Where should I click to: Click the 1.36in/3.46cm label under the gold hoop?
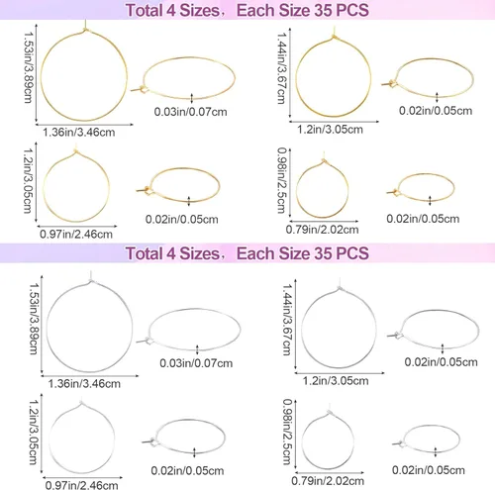click(79, 133)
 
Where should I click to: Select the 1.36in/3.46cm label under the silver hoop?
click(84, 384)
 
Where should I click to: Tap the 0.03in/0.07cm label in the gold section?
click(191, 112)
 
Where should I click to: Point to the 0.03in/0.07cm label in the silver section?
click(196, 363)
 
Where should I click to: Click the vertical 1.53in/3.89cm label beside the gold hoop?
click(29, 67)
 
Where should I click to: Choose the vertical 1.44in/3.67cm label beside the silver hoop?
click(287, 320)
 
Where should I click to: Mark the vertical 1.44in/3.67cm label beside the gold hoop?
click(281, 68)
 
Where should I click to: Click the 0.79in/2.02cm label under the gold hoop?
click(322, 230)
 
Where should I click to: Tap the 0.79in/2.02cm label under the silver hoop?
click(328, 481)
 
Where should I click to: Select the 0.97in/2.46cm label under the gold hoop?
click(76, 234)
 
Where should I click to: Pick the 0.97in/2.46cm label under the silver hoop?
click(82, 485)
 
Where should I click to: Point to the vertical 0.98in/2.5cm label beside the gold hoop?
click(281, 180)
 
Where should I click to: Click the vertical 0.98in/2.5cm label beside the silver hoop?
click(287, 432)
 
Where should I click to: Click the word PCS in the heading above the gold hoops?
click(352, 10)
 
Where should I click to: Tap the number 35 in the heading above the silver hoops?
click(323, 253)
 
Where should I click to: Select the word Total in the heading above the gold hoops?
click(144, 10)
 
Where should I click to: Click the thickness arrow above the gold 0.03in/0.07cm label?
click(192, 97)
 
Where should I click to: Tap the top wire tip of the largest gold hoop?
click(85, 21)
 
